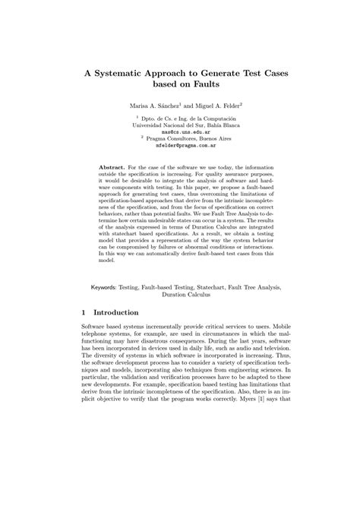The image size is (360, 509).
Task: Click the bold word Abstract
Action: (x=113, y=165)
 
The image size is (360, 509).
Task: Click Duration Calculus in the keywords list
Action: (x=180, y=296)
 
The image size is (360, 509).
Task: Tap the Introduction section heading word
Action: (x=126, y=313)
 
